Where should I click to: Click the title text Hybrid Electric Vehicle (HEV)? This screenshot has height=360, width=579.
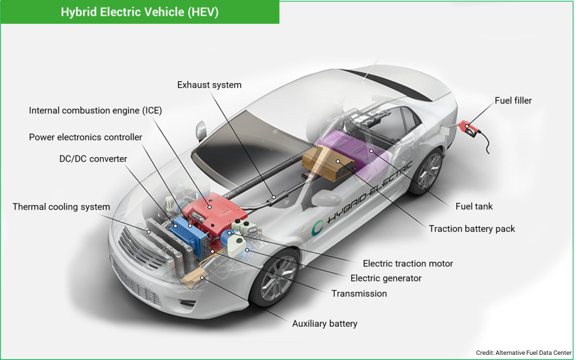click(x=140, y=12)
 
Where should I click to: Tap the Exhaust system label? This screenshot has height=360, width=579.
click(x=209, y=85)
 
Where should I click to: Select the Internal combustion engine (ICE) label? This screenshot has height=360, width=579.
click(x=96, y=111)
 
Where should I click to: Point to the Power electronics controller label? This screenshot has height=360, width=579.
click(x=85, y=137)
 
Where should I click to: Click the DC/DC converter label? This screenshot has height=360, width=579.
click(x=93, y=159)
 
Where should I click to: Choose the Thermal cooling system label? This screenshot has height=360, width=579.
click(x=61, y=207)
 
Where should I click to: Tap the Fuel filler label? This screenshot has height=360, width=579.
click(x=513, y=101)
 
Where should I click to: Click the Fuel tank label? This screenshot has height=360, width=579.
click(x=474, y=206)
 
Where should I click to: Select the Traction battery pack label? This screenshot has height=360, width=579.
click(x=472, y=229)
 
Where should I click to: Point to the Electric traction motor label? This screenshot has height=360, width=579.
click(x=408, y=263)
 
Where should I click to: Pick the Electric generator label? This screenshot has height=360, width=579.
click(x=386, y=278)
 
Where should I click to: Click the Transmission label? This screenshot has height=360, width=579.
click(x=359, y=293)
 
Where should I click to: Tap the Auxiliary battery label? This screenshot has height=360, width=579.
click(x=325, y=324)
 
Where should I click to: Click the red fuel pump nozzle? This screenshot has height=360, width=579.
click(x=468, y=127)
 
